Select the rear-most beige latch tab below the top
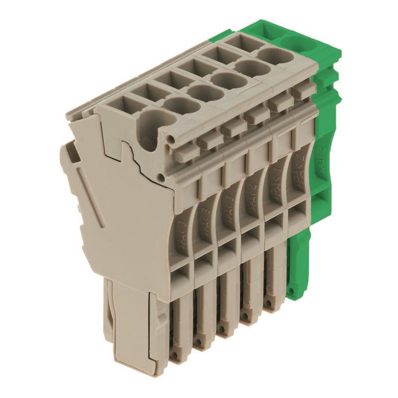(x=302, y=92)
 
